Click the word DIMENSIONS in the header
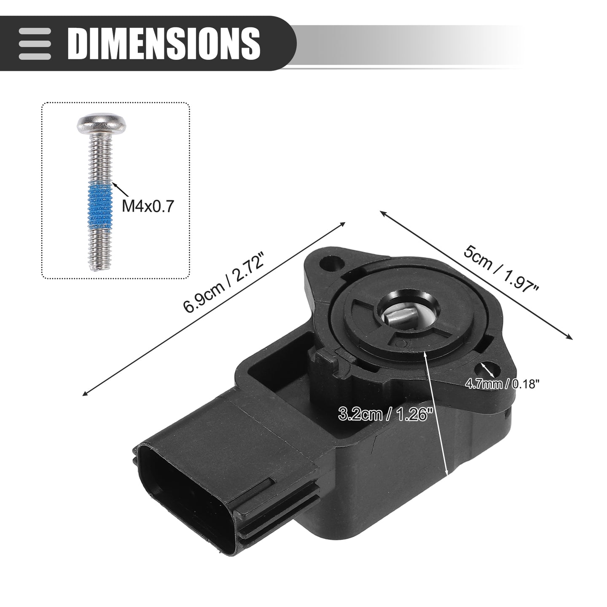(164, 43)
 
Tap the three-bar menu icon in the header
(35, 44)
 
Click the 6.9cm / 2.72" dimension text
(224, 282)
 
